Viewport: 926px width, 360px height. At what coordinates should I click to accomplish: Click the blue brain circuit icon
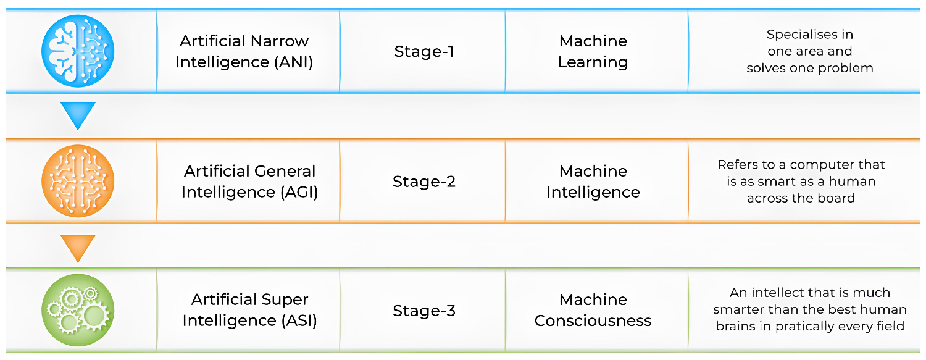[78, 50]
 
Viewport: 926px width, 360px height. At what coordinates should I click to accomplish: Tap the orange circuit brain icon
[78, 180]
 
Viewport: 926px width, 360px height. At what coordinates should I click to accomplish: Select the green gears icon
[78, 310]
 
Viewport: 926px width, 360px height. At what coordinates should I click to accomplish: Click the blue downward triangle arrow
[78, 115]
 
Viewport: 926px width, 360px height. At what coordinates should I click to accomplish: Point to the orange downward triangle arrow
[78, 247]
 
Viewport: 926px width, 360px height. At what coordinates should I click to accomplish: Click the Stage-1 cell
[424, 51]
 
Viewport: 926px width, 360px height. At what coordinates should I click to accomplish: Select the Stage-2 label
[424, 182]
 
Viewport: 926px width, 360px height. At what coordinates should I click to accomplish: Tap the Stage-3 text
[424, 311]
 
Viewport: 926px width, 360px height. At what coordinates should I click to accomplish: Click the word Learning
[593, 62]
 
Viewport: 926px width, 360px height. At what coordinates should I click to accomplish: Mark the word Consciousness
[593, 321]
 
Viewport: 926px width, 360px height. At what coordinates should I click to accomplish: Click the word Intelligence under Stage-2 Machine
[593, 192]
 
